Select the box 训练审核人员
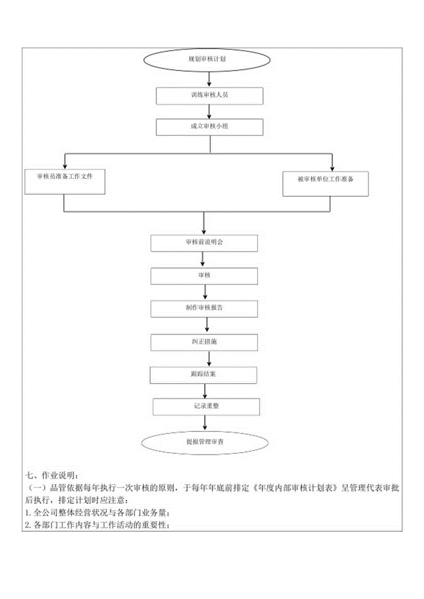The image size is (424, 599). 210,96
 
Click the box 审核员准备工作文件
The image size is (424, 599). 65,180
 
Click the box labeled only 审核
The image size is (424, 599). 204,275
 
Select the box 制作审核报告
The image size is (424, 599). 204,308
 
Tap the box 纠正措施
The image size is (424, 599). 204,342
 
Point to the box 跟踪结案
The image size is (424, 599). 204,374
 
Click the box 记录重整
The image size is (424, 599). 206,407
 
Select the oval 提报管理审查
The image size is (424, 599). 204,442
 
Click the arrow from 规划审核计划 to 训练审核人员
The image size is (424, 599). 210,79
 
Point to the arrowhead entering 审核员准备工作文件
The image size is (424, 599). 65,166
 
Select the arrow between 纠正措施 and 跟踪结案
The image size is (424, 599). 210,358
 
